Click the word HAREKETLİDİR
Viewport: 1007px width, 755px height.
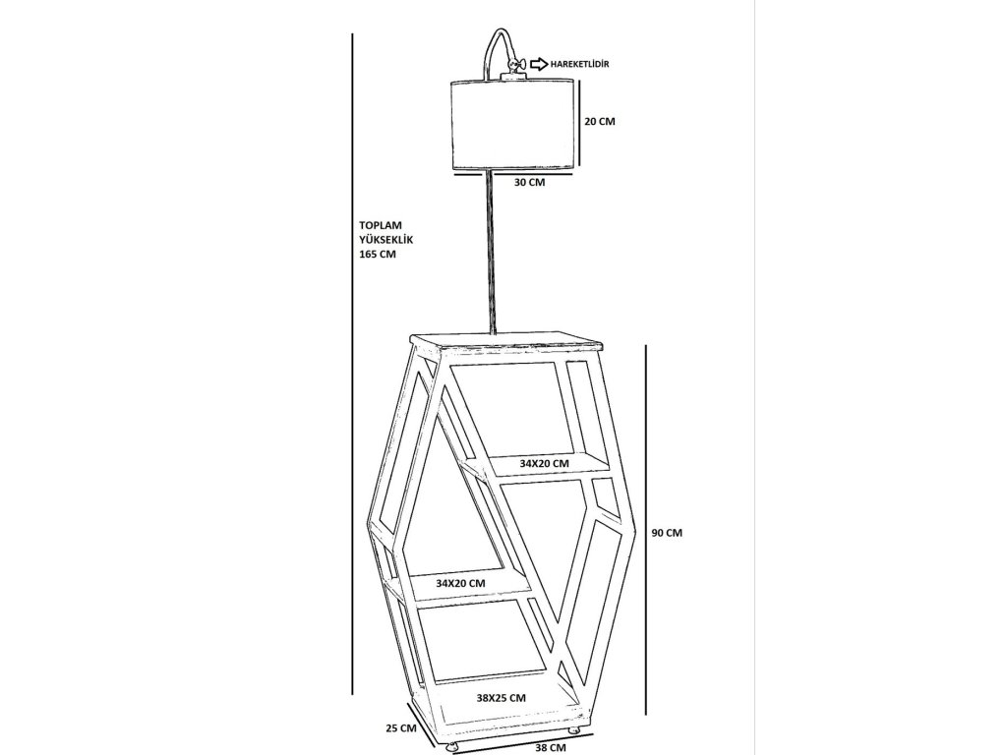(580, 64)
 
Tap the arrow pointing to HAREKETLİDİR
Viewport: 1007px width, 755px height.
(539, 64)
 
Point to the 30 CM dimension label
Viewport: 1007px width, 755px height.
(529, 183)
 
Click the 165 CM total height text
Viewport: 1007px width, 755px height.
(378, 254)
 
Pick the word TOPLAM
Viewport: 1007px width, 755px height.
(382, 224)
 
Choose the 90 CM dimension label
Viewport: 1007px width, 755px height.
(667, 533)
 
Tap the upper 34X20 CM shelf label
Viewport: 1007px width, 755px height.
(544, 463)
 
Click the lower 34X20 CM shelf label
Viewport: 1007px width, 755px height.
(460, 583)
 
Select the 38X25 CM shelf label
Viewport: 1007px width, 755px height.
(501, 697)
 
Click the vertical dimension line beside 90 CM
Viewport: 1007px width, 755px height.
(645, 531)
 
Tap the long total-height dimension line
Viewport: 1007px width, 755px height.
(352, 364)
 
